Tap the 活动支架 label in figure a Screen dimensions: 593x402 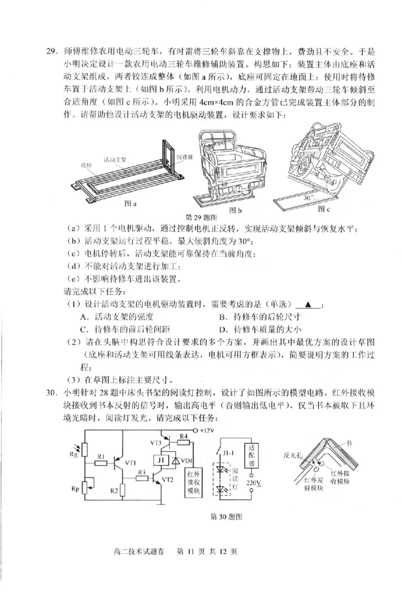[115, 159]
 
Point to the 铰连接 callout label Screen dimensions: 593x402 [185, 157]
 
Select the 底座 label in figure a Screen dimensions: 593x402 [86, 165]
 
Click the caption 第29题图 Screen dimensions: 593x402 [201, 218]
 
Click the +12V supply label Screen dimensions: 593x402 [207, 431]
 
